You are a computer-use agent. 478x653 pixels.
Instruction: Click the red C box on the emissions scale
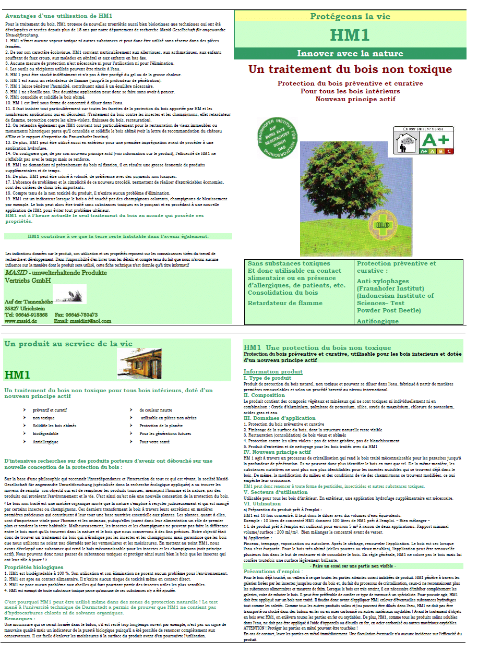(449, 151)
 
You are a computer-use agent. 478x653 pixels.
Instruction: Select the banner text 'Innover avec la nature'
(350, 53)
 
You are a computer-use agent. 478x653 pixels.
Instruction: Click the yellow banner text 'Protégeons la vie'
(350, 16)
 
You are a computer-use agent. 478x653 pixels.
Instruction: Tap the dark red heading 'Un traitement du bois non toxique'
(350, 69)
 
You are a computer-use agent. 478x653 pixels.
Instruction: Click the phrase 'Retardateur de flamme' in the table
(285, 303)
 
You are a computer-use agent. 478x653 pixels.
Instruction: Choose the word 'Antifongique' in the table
(378, 321)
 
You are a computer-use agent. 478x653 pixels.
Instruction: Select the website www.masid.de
(20, 321)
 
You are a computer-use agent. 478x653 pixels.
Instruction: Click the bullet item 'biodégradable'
(45, 434)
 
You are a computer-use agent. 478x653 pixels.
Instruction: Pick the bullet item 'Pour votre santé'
(154, 442)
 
